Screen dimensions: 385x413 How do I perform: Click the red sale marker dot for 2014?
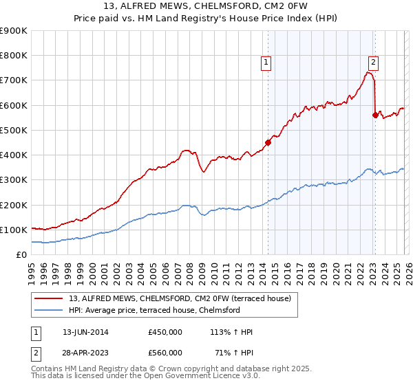[x=268, y=143]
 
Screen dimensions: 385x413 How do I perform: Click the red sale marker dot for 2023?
[x=375, y=115]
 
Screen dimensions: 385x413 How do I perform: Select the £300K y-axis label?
[x=14, y=180]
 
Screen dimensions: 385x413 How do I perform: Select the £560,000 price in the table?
[x=165, y=353]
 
